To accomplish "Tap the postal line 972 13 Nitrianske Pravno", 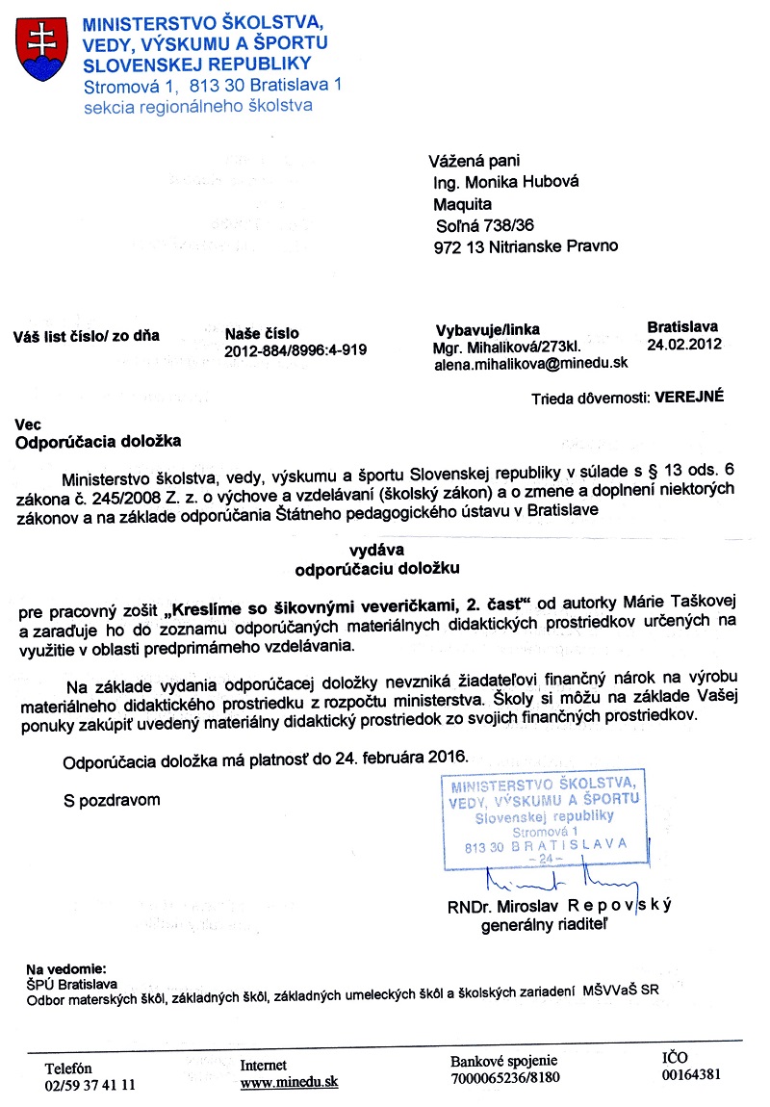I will (x=526, y=245).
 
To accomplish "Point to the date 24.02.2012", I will (x=684, y=344).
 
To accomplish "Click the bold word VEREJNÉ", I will (x=689, y=396).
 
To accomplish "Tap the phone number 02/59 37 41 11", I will (x=90, y=1084).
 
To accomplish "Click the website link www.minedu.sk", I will (x=289, y=1082).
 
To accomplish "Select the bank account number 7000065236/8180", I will (x=504, y=1077).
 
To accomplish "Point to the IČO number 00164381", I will (x=691, y=1075).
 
